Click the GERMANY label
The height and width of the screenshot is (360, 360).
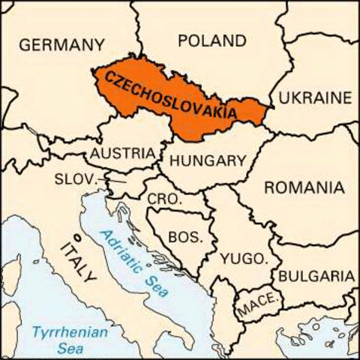pyautogui.click(x=61, y=45)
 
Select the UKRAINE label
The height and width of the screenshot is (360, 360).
pyautogui.click(x=314, y=97)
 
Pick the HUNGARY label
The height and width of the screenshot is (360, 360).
pyautogui.click(x=208, y=160)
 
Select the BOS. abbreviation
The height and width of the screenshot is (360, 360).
pyautogui.click(x=184, y=237)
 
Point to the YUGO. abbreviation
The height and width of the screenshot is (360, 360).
pyautogui.click(x=244, y=259)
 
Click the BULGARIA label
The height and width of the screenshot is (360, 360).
pyautogui.click(x=316, y=276)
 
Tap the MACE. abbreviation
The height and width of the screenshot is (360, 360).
pyautogui.click(x=259, y=306)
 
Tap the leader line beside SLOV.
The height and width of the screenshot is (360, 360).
pyautogui.click(x=115, y=181)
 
